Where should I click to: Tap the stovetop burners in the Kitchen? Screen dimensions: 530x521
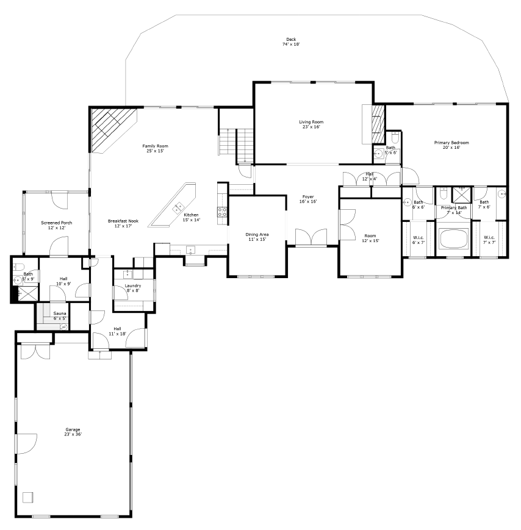[x=223, y=212]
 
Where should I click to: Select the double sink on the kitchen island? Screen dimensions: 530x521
[x=179, y=207]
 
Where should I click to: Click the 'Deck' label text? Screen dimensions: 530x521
[x=291, y=39]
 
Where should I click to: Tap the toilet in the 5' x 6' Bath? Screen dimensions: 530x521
[x=393, y=138]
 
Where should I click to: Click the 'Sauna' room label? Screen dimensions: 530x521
[x=59, y=313]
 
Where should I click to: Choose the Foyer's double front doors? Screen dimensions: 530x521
[x=311, y=237]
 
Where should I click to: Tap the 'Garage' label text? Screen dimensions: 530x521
[x=73, y=429]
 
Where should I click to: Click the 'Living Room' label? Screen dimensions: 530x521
[x=311, y=122]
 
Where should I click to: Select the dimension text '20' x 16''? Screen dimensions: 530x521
[x=451, y=147]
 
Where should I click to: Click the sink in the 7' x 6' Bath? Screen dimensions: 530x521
[x=501, y=195]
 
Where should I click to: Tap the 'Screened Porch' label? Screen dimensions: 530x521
[x=57, y=223]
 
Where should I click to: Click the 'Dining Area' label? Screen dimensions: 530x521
[x=257, y=234]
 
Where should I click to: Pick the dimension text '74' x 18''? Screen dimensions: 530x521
[x=291, y=45]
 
